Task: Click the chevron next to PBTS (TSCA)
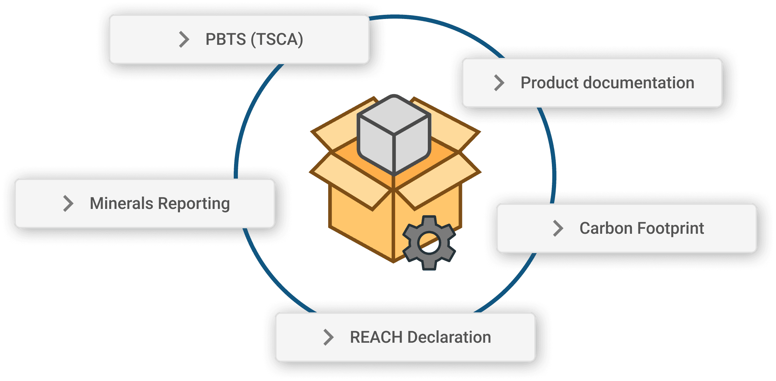[184, 39]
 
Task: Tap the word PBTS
[225, 39]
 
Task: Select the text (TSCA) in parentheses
[277, 39]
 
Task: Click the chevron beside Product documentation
[499, 83]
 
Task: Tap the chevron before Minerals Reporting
[68, 203]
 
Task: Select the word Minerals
[121, 203]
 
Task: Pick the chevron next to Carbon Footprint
[558, 228]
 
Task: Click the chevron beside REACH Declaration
[329, 337]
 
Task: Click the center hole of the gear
[429, 243]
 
